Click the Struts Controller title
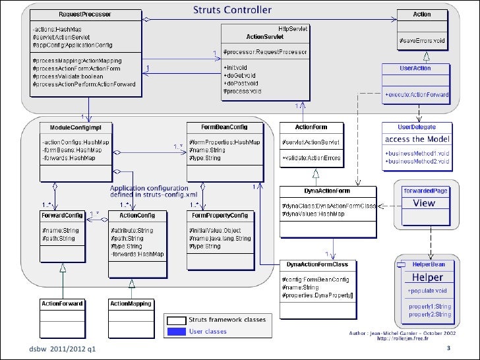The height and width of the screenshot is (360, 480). [232, 10]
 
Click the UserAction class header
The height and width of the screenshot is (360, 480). [415, 68]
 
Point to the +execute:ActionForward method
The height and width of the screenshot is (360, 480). [416, 95]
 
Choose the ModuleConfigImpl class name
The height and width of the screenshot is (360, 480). [75, 126]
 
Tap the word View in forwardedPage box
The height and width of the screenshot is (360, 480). [424, 203]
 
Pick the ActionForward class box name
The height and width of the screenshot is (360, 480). [62, 304]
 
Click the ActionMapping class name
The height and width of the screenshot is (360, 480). [130, 304]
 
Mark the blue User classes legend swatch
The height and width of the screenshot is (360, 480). [176, 331]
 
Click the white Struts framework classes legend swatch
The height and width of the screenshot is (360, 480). [176, 320]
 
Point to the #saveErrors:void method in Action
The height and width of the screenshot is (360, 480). [421, 42]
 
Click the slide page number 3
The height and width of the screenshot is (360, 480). [448, 348]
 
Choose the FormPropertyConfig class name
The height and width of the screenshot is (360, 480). [220, 215]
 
